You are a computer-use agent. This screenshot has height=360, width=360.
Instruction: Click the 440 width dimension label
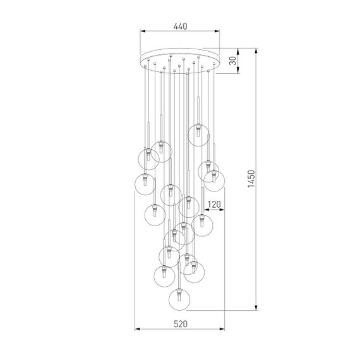coord(180,26)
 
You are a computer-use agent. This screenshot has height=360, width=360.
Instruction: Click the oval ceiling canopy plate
coord(180,59)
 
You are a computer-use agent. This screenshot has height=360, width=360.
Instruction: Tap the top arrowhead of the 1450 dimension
coord(256,51)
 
